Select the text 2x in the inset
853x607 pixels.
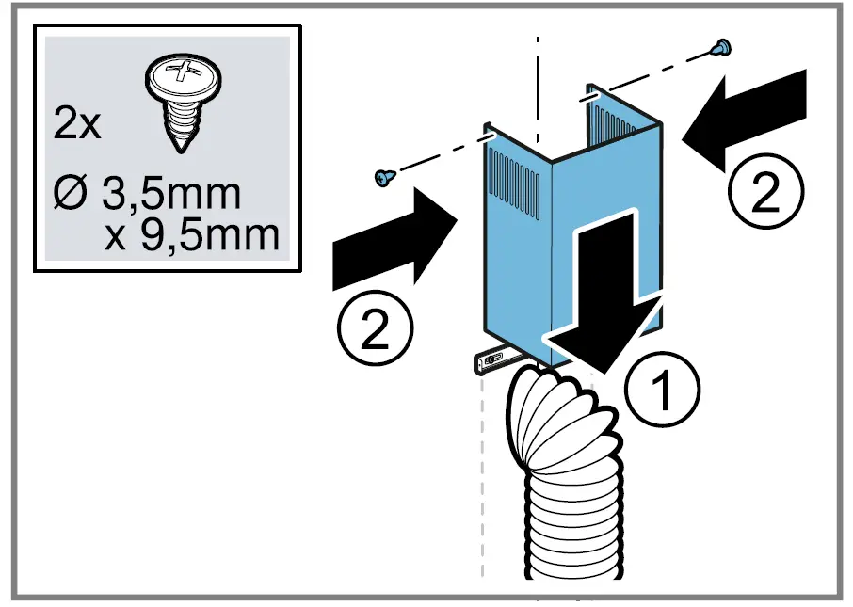77,124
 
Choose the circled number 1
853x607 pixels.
664,390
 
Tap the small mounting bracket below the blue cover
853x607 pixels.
493,359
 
